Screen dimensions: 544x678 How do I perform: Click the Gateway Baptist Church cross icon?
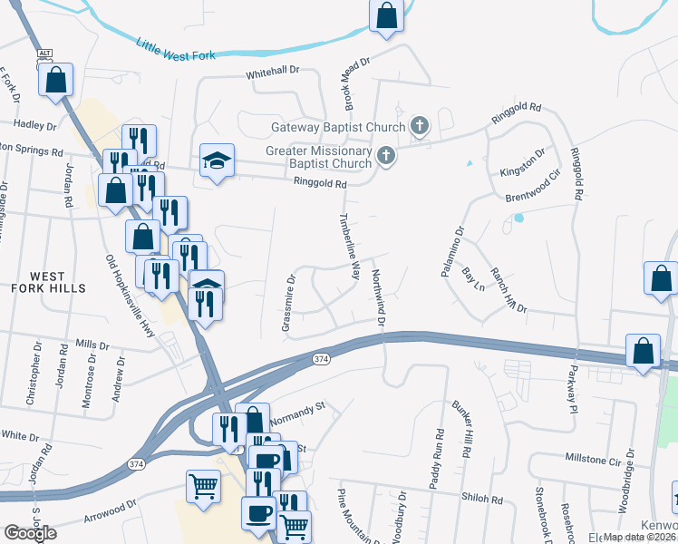click(419, 127)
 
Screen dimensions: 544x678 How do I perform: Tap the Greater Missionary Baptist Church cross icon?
click(386, 157)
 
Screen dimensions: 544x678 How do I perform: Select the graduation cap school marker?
click(217, 161)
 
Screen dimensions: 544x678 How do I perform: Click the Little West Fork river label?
click(176, 49)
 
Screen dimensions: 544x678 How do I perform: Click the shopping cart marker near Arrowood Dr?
click(204, 487)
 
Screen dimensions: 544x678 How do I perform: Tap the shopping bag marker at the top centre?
click(387, 15)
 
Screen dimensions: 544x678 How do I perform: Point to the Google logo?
click(29, 532)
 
